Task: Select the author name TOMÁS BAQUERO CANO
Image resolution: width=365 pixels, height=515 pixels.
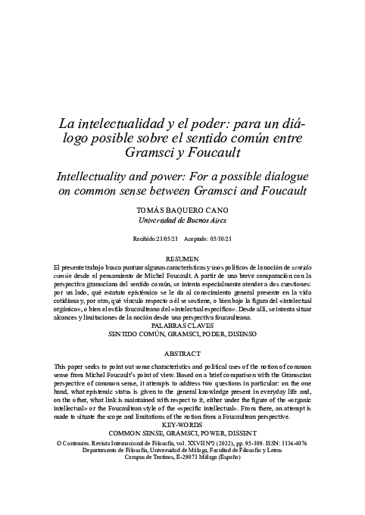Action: tap(182, 208)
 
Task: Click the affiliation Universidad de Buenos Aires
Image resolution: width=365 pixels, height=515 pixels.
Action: tap(182, 220)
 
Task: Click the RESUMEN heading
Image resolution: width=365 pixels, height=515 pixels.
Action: tap(182, 259)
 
